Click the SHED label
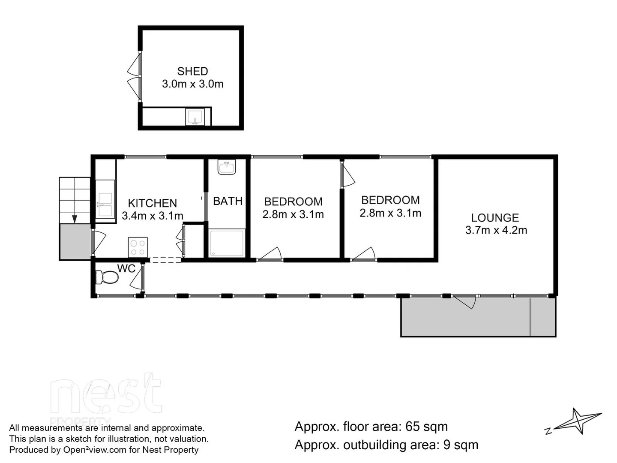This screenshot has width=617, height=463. coord(192,71)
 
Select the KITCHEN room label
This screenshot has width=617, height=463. coord(152,203)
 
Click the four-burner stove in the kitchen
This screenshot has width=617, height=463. coord(138,247)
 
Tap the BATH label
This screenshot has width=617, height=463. coord(228,201)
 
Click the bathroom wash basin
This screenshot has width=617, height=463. coord(227,167)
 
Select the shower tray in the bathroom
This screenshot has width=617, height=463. coord(227,243)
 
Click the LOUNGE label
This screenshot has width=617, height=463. coord(495,218)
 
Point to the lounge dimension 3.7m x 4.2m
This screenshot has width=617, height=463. coord(496,230)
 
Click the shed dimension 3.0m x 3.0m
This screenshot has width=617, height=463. coord(192,84)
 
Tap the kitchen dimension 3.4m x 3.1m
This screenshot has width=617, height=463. coord(152,216)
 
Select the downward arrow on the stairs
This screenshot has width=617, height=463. coord(75,218)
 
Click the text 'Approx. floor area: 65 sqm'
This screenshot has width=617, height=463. coord(371,427)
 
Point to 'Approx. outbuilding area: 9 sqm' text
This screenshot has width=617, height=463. coord(386,445)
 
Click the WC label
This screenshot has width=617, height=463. coord(126,269)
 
